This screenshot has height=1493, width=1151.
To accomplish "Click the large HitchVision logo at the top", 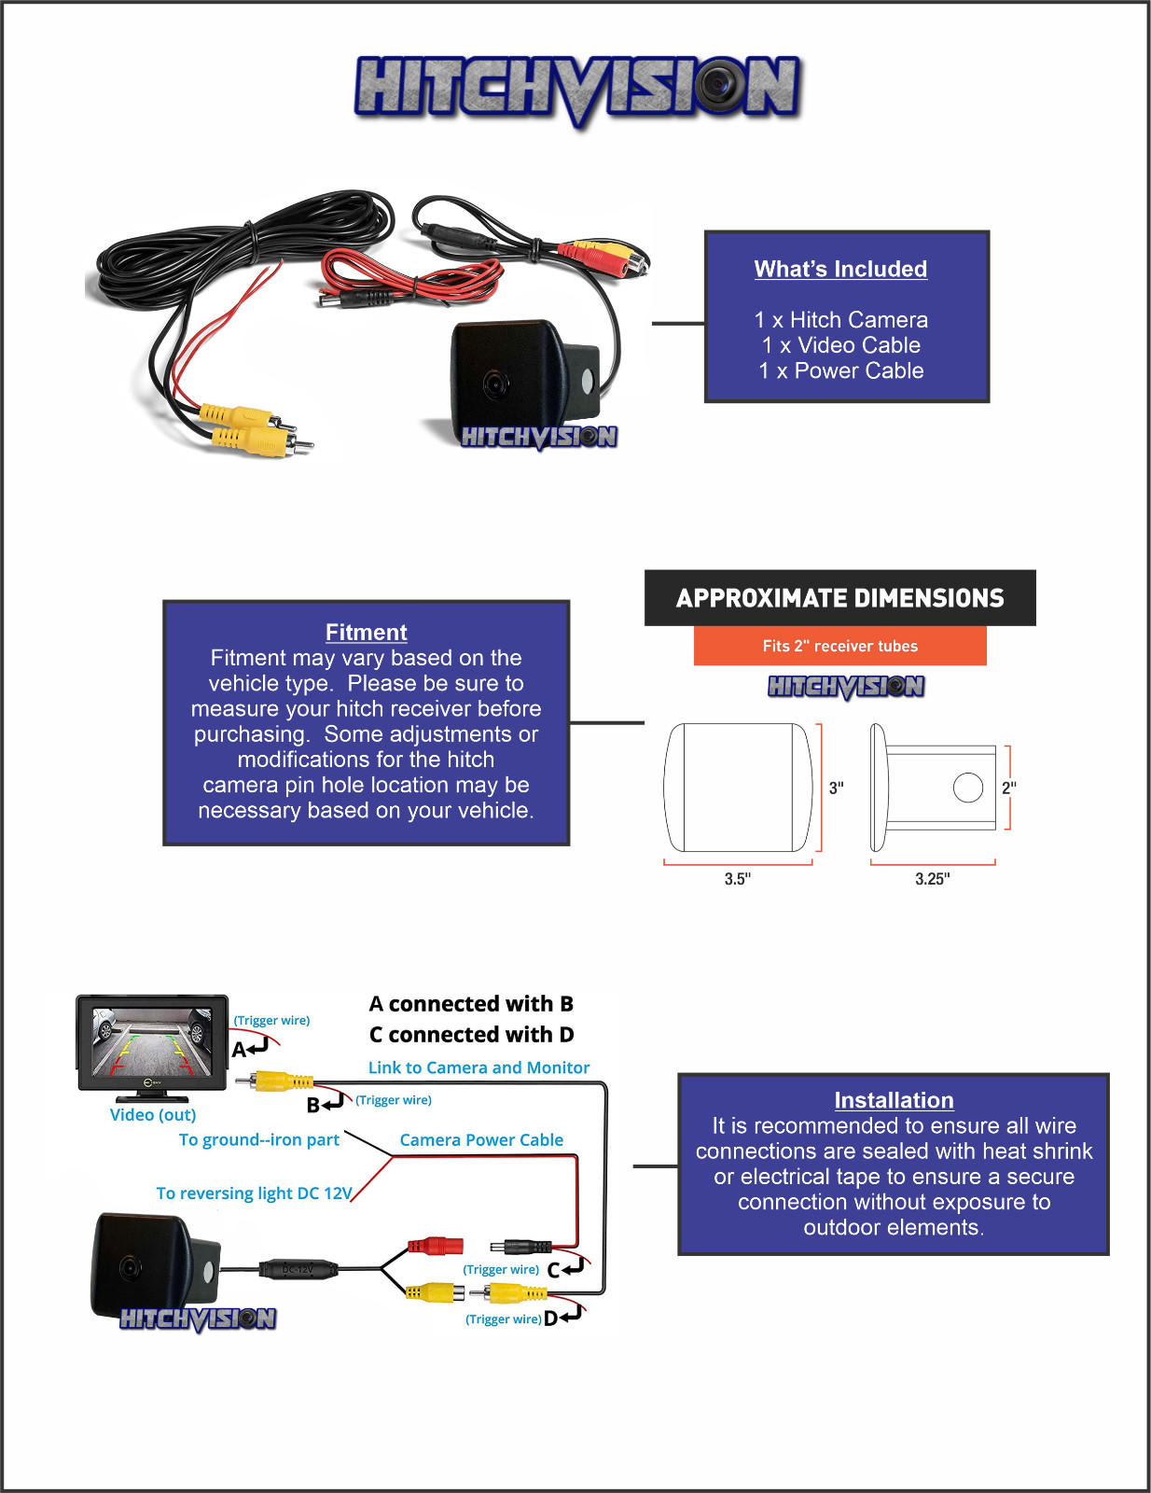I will pos(577,88).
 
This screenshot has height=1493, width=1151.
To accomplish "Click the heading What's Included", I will pos(840,269).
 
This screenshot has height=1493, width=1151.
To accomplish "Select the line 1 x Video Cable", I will pos(840,345).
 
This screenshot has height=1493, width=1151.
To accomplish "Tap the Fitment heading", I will pos(366,632).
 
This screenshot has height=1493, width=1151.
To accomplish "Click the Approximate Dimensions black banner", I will pos(839,598).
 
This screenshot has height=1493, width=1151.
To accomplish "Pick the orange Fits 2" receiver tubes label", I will pos(839,646).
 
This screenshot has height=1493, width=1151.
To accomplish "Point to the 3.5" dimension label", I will pos(737,879).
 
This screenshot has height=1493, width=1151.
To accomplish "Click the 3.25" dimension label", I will pos(932,879).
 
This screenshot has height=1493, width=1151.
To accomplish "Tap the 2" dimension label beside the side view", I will pos(1009,788).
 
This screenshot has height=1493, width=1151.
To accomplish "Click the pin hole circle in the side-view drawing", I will pos(968,788).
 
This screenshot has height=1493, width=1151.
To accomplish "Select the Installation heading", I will pos(894,1100).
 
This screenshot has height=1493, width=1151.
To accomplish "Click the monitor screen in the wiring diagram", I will pos(152,1041).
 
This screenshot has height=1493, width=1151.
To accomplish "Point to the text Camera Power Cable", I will pos(481,1139).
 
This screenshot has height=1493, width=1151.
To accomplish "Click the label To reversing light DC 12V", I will pos(254,1193).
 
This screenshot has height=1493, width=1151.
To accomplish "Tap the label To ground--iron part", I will pos(258,1139).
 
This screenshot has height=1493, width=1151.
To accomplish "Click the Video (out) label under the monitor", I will pos(153,1114).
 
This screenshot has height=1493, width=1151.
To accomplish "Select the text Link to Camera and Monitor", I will pos(478,1067).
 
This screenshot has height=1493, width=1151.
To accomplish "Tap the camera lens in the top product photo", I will pos(494,384).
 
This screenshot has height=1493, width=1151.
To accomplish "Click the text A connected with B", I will pos(471,1004).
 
